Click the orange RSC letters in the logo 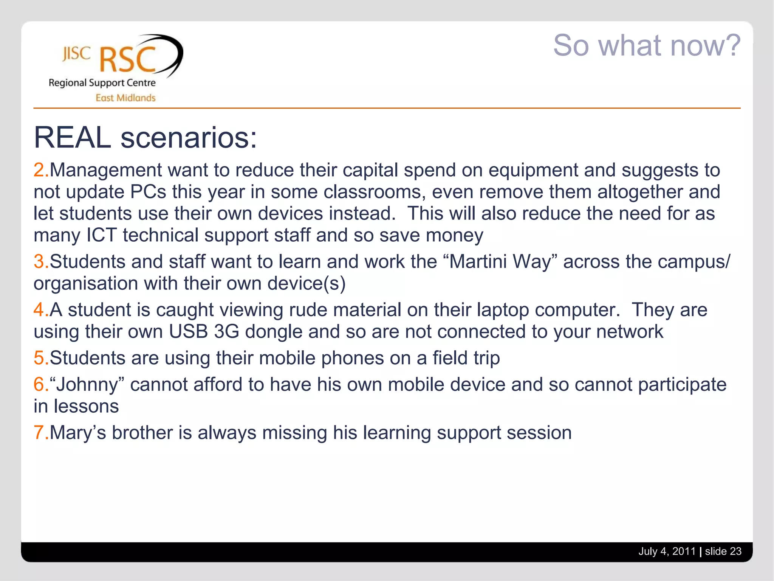point(128,60)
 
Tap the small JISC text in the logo point(77,54)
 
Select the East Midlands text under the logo point(125,98)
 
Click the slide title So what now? point(647,45)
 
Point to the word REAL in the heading point(72,138)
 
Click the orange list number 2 point(39,170)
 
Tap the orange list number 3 point(39,262)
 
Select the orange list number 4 point(39,310)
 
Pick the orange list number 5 point(39,358)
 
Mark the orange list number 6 point(39,385)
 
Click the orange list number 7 point(39,433)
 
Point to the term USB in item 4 point(188,332)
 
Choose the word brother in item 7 point(142,433)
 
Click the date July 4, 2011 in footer point(667,551)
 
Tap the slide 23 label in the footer point(723,551)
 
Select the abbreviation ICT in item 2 point(101,235)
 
